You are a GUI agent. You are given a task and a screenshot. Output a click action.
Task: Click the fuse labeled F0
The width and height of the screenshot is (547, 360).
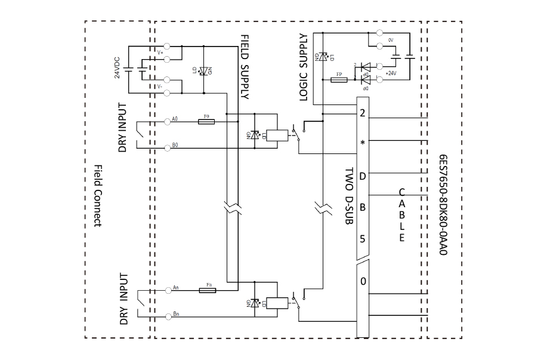tap(206, 121)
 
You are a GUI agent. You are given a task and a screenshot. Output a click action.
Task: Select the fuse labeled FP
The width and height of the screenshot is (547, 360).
tap(339, 78)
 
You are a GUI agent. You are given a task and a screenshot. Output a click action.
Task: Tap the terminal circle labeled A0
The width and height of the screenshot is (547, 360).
tap(167, 121)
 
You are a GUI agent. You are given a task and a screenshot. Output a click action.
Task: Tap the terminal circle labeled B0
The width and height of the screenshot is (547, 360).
tap(167, 146)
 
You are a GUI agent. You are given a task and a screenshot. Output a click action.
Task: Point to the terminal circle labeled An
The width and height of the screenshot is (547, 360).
tap(167, 290)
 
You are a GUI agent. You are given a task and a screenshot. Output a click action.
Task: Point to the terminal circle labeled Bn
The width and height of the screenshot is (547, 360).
tap(167, 315)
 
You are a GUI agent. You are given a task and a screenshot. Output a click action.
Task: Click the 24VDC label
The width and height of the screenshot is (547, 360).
tap(118, 68)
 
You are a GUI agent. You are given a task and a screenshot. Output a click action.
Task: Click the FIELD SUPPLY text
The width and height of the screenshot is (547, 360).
tap(245, 66)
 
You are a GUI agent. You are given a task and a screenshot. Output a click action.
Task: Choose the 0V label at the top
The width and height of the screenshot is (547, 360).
tap(391, 39)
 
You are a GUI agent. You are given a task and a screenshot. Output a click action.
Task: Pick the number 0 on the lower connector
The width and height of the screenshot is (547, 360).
tap(363, 281)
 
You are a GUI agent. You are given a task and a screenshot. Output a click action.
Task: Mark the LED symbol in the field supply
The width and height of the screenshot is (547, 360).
tap(204, 70)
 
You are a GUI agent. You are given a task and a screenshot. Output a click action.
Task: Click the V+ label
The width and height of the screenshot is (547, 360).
tap(160, 53)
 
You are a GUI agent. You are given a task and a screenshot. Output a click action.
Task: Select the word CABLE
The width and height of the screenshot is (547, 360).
tap(401, 216)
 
